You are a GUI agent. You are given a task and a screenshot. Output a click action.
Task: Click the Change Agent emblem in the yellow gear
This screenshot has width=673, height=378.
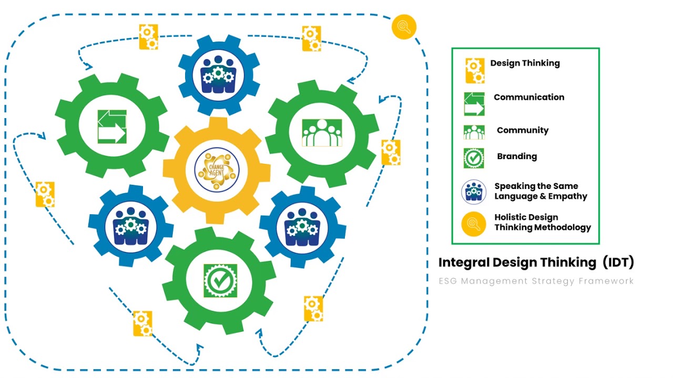pos(217,170)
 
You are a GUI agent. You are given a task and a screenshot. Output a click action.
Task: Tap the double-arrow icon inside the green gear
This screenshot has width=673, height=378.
pos(112,127)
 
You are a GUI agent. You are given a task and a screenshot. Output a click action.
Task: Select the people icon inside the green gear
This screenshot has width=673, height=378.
pos(322,132)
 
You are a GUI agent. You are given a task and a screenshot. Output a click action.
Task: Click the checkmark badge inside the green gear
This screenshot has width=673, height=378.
pos(220,280)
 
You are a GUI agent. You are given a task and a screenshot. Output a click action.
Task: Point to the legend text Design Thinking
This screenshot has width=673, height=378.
pos(525,63)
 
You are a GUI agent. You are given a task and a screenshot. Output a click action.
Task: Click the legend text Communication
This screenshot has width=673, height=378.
pos(528,97)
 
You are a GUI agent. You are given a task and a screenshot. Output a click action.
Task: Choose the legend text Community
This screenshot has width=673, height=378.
pos(522,130)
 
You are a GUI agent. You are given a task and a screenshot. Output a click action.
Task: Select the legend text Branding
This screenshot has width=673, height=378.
pos(517,156)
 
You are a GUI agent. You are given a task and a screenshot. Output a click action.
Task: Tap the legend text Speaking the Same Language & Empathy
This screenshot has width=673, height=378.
pos(541,191)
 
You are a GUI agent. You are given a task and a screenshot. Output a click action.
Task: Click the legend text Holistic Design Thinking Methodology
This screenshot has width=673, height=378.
pos(543,222)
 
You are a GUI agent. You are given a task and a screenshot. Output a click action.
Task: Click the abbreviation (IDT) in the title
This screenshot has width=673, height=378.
pos(618,262)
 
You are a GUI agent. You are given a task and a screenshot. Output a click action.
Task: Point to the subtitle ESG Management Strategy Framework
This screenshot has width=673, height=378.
pos(536,281)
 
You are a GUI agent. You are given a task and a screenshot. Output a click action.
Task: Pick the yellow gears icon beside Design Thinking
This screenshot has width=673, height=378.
pos(474,70)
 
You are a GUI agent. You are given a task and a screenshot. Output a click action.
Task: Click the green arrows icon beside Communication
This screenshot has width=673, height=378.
pos(474,104)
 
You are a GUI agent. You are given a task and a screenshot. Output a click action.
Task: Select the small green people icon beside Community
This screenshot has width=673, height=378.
pos(474,132)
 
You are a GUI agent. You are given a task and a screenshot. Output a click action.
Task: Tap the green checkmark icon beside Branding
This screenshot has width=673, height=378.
pos(474,158)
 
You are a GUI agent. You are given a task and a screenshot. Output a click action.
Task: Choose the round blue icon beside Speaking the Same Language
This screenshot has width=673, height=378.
pos(474,192)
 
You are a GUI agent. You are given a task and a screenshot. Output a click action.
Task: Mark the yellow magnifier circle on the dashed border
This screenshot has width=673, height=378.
pos(404,26)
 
